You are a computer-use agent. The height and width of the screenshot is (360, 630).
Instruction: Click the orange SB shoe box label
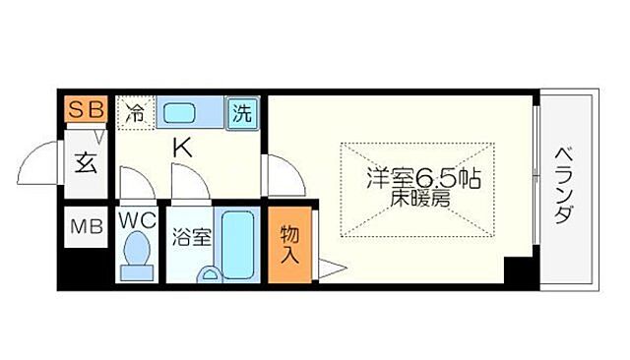(87, 110)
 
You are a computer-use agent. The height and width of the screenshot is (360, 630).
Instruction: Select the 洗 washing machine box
(241, 112)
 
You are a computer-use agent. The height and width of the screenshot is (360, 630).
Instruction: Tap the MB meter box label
(86, 231)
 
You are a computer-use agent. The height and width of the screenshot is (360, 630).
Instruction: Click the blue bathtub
(235, 242)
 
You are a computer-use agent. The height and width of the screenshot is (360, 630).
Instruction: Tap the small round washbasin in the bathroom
(208, 274)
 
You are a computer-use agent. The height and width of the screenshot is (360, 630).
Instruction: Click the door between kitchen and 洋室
(283, 175)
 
